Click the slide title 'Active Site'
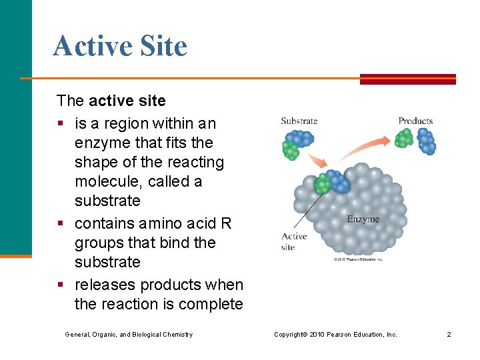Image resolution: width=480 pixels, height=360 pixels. pyautogui.click(x=120, y=47)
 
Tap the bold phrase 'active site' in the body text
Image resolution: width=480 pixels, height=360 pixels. pyautogui.click(x=127, y=101)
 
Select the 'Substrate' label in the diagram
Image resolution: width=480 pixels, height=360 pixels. pyautogui.click(x=299, y=121)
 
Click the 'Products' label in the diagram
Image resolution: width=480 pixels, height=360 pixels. pyautogui.click(x=415, y=121)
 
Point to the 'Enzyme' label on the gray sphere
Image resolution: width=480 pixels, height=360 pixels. pyautogui.click(x=363, y=219)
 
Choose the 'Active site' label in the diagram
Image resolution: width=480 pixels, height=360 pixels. pyautogui.click(x=293, y=241)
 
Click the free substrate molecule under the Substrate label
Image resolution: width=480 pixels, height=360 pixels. pyautogui.click(x=296, y=143)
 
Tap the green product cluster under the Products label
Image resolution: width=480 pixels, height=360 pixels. pyautogui.click(x=403, y=138)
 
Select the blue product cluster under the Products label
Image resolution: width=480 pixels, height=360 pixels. pyautogui.click(x=426, y=141)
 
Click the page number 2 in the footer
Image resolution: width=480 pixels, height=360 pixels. pyautogui.click(x=449, y=334)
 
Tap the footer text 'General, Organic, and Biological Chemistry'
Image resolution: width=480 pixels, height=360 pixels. pyautogui.click(x=129, y=334)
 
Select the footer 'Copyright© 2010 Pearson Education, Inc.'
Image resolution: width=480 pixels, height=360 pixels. pyautogui.click(x=335, y=334)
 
